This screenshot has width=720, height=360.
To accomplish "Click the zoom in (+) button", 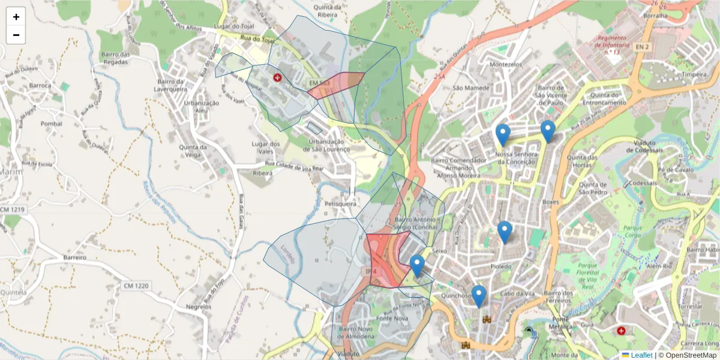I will (16, 17).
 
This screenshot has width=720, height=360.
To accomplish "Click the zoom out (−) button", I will (16, 35).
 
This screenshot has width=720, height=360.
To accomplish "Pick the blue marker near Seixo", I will (417, 266).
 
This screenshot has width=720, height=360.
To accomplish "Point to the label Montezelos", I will (506, 65).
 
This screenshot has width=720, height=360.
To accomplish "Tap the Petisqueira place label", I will (340, 204).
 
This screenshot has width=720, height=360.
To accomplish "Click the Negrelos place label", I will (199, 307).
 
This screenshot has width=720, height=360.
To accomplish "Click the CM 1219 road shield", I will (13, 209).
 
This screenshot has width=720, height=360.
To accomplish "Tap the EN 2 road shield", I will (642, 46).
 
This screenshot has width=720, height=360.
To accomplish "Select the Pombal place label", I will (51, 124).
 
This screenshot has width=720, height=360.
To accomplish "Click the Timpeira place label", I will (695, 74).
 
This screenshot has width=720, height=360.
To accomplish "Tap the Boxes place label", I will (550, 202).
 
